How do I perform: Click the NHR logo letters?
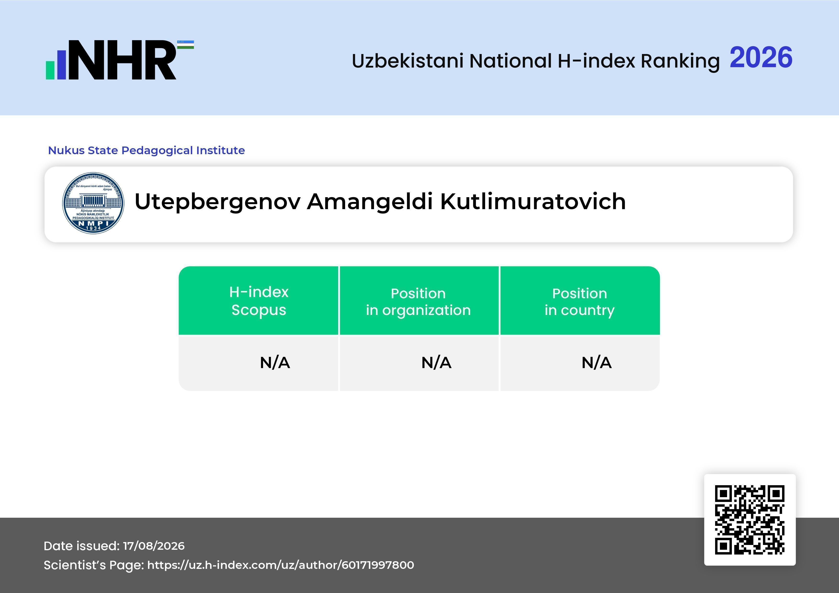tap(122, 60)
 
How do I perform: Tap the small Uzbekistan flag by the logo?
tap(186, 44)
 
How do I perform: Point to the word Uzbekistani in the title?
tap(408, 61)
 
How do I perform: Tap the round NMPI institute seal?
tap(93, 203)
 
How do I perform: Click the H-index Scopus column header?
tap(259, 301)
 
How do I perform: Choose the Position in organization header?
tap(418, 302)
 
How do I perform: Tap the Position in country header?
tap(580, 302)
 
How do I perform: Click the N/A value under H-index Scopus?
tap(275, 363)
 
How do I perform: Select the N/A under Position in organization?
tap(436, 363)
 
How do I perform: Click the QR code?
tap(750, 520)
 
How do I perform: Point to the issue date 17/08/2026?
tap(154, 546)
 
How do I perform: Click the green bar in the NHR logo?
tap(50, 70)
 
